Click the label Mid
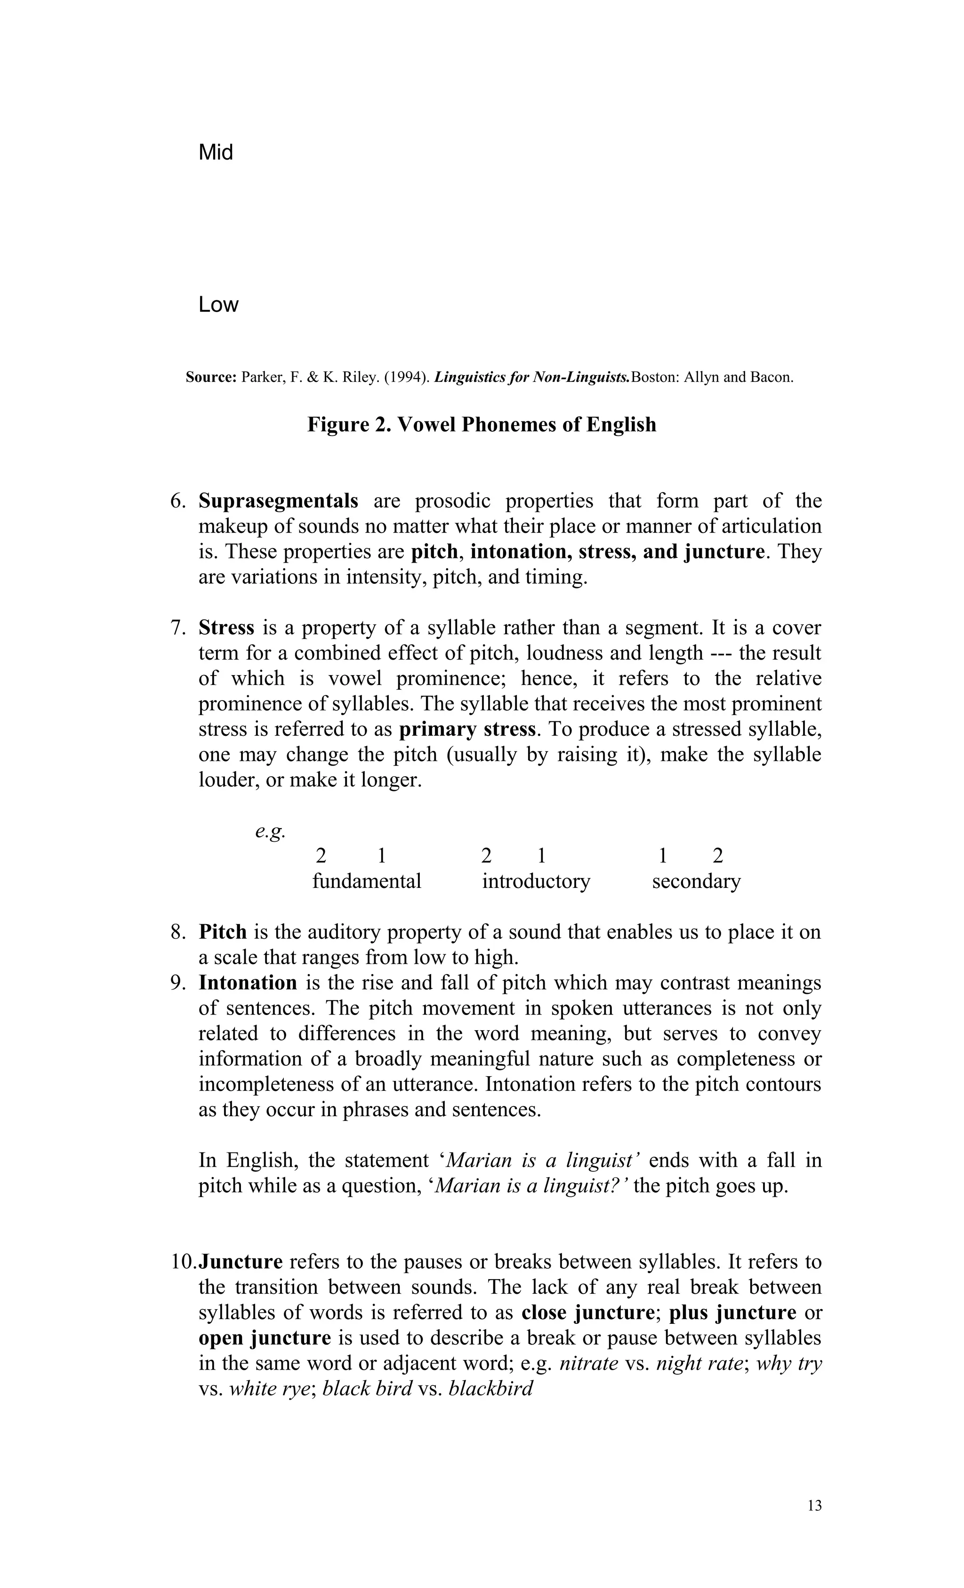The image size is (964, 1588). coord(216,153)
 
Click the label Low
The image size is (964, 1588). coord(218,305)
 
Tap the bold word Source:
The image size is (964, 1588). coord(211,378)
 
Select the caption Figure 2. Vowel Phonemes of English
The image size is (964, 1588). coord(482,425)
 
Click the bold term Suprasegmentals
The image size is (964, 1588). coord(278,501)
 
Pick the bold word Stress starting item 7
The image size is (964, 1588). coord(226,628)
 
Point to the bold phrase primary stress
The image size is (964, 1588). coord(467,729)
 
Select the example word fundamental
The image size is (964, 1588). coord(367,881)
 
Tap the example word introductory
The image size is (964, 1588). coord(536,881)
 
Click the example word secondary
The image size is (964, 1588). coord(696,881)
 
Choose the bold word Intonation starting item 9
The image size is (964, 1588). coord(248,983)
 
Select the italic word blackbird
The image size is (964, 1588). coord(490,1388)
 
